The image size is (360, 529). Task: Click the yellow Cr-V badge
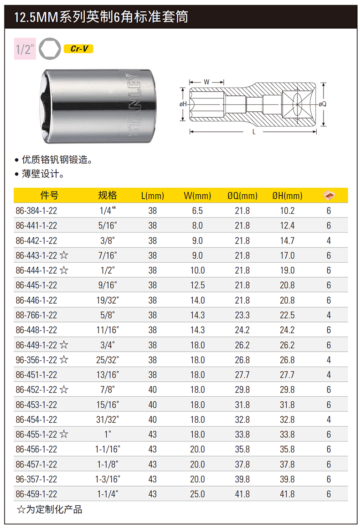(78, 49)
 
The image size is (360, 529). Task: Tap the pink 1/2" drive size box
(25, 49)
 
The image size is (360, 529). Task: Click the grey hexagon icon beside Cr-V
(50, 49)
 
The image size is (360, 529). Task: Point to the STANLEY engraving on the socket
(134, 105)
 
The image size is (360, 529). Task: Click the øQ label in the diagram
(322, 104)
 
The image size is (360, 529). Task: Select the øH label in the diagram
(183, 104)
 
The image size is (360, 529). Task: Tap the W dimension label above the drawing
(206, 82)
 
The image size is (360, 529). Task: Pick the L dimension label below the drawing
(253, 132)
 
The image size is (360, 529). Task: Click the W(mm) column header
(197, 196)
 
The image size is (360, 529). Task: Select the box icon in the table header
(329, 195)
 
